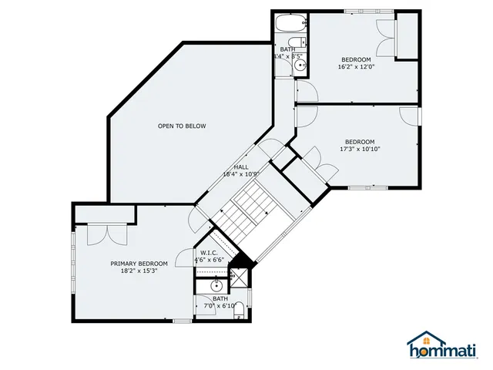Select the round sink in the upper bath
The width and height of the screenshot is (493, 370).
click(300, 66)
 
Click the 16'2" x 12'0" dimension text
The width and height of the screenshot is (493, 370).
click(356, 67)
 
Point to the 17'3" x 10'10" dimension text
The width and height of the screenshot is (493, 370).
click(360, 149)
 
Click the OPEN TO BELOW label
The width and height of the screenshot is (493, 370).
click(182, 126)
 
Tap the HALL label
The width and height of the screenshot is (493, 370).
click(240, 166)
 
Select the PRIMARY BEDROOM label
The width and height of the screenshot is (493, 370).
click(139, 264)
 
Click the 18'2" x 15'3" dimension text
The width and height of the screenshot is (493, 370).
click(139, 271)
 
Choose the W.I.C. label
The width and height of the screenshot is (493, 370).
click(209, 252)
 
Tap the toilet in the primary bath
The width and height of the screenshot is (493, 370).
click(239, 311)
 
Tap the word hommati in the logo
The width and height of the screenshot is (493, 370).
click(448, 351)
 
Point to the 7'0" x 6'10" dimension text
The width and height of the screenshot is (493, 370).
click(220, 306)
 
